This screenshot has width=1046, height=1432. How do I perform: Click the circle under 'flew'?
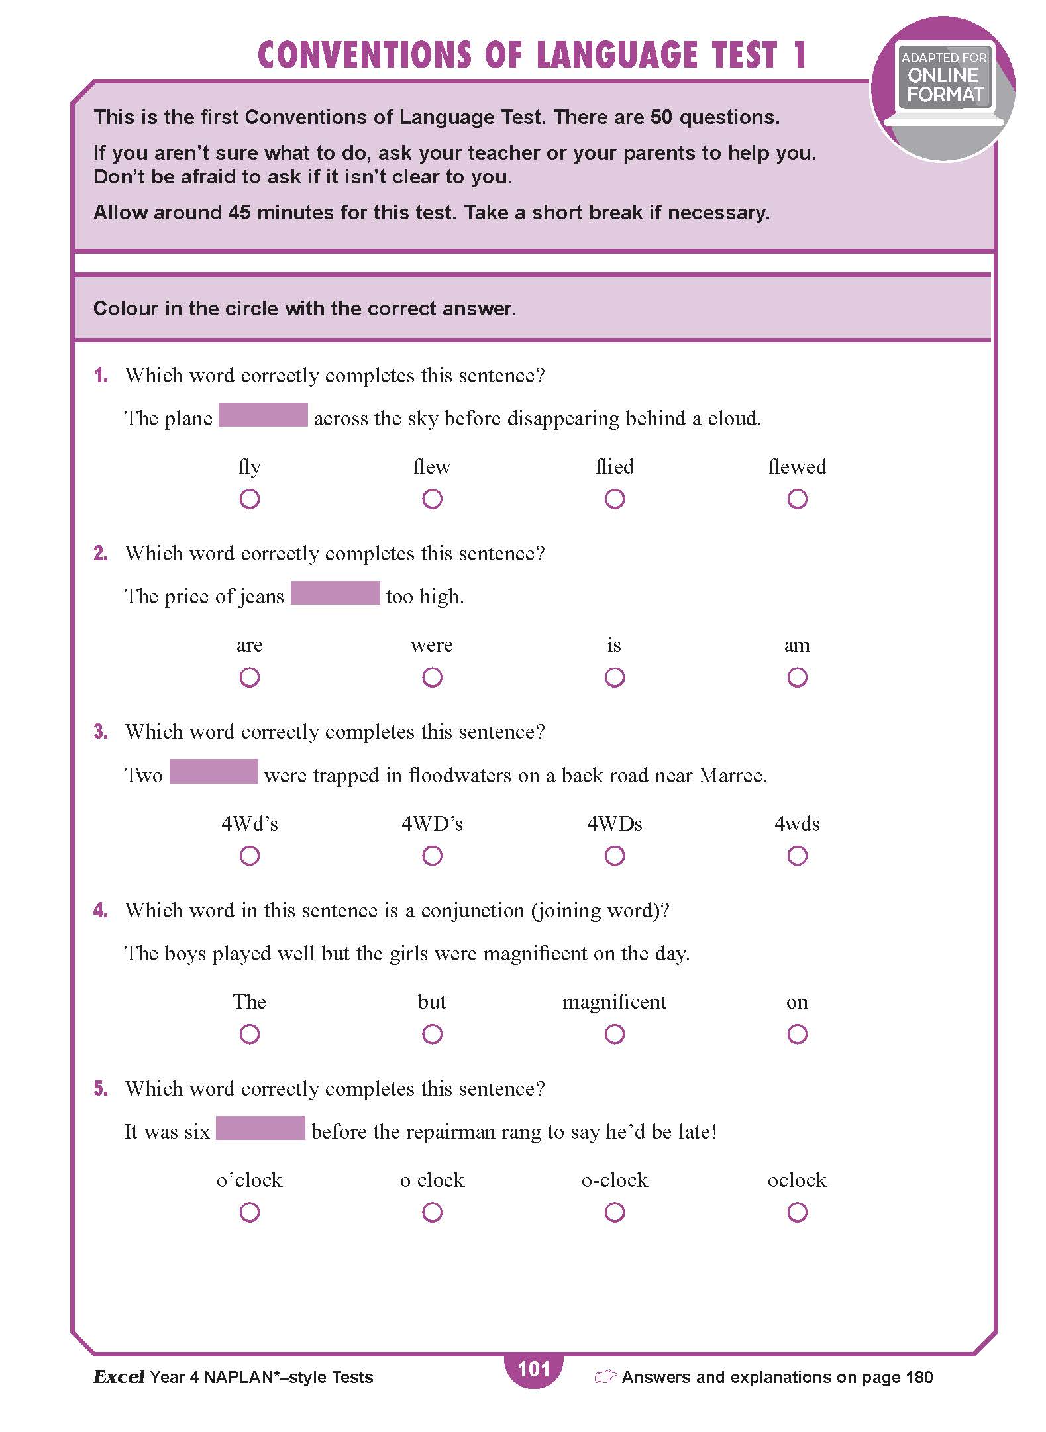pos(432,499)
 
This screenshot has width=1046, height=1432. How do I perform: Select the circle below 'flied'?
pos(615,499)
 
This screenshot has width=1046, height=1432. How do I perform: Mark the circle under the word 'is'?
pos(615,677)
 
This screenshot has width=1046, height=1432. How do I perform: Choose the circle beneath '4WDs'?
pos(615,856)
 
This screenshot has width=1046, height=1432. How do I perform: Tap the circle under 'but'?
pos(432,1034)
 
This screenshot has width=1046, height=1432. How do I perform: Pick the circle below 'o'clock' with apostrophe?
pos(250,1212)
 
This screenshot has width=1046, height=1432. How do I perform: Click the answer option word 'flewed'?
pos(797,467)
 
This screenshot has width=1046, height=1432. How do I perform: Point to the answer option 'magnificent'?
pos(614,1002)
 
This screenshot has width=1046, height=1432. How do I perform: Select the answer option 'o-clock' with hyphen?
pos(614,1180)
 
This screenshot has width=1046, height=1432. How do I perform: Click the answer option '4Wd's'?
pos(250,824)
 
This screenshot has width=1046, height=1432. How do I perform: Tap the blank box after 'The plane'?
pos(263,415)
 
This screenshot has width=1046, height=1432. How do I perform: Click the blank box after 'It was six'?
pos(260,1129)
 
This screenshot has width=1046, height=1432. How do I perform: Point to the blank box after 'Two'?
pos(213,772)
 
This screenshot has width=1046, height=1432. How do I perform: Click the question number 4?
pos(101,911)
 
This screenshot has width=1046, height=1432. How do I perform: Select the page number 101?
pos(533,1369)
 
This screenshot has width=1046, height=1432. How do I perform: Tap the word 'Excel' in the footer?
pos(119,1378)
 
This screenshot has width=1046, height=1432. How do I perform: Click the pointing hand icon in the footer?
pos(605,1378)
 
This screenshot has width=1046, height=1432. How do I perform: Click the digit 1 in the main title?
pos(800,56)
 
